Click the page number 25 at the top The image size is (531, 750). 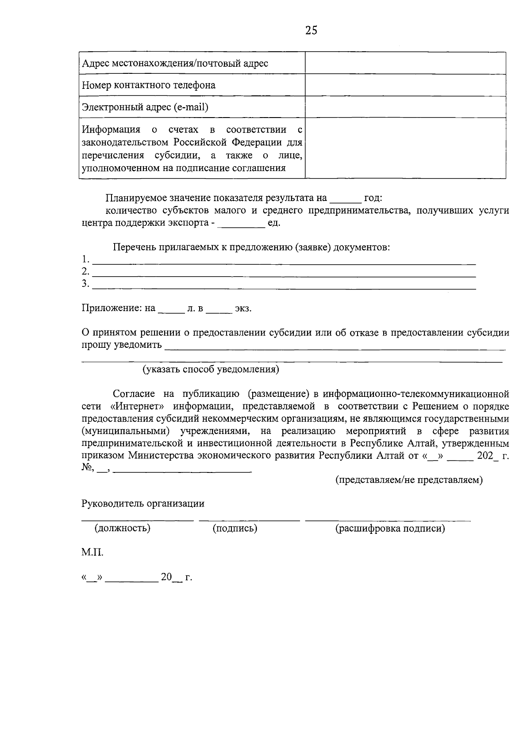coord(311,30)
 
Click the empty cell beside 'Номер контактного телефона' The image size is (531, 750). coord(405,85)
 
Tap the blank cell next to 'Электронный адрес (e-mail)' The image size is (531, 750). coord(405,107)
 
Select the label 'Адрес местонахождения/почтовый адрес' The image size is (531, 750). coord(175,63)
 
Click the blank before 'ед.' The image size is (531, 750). coord(242,224)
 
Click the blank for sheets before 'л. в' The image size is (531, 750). coord(171,308)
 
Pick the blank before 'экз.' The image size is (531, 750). coord(219,308)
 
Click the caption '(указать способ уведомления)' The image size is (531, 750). coord(211,369)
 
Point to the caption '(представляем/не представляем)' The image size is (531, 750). coord(409,480)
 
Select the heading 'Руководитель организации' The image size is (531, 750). coord(143,503)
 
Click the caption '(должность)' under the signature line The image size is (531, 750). coord(122,528)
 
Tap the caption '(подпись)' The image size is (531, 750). coord(235,528)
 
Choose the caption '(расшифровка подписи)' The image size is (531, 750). coord(390,528)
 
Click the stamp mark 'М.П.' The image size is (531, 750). coord(92,552)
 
